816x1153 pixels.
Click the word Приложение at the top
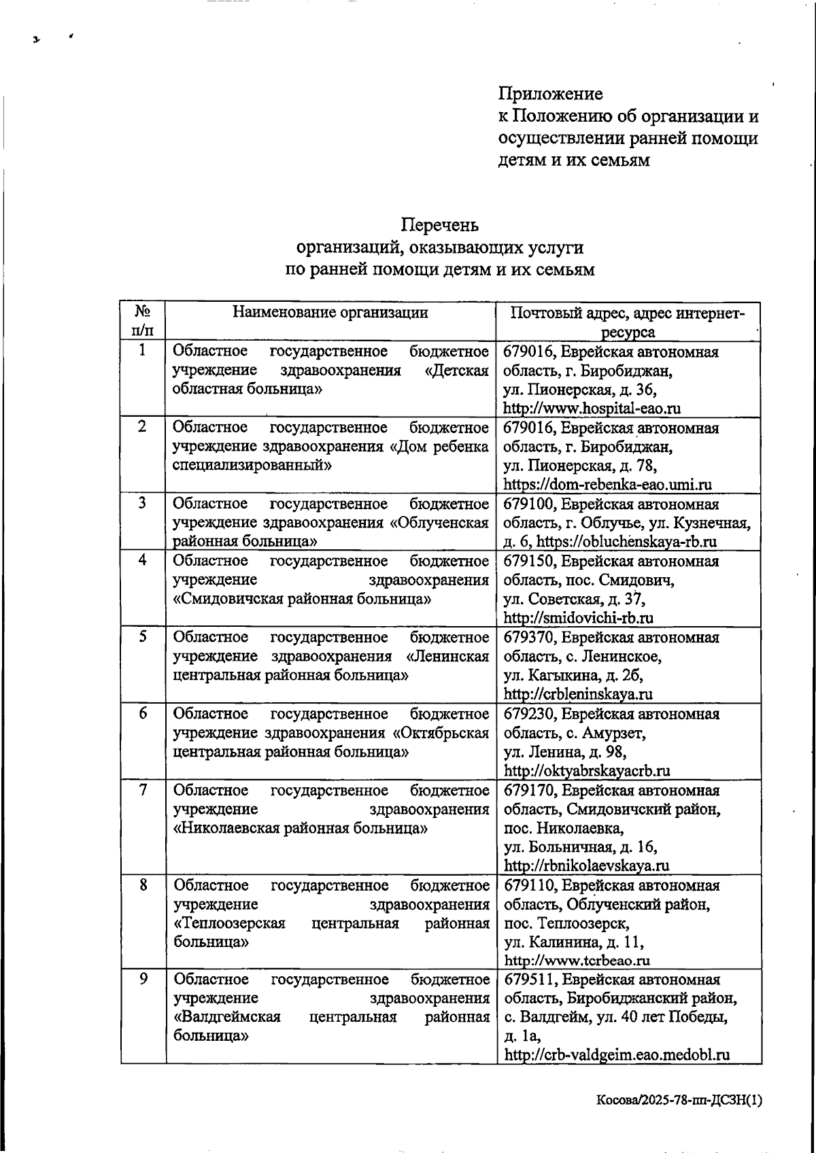point(550,93)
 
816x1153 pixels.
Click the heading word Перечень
point(439,224)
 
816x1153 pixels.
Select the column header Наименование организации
point(330,312)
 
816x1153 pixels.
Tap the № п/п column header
point(143,321)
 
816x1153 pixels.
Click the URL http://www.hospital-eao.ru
point(592,409)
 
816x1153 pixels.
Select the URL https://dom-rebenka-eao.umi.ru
point(607,485)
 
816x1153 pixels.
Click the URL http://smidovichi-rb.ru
point(578,618)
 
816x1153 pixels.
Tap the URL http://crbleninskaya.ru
point(578,694)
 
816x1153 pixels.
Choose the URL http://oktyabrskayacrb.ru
point(587,770)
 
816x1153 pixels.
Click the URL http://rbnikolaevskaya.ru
point(586,865)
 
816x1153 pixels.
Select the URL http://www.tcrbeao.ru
point(577,961)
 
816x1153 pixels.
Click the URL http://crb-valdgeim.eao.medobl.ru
point(617,1055)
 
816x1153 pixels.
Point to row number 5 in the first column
point(143,637)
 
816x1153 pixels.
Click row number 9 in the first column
point(143,979)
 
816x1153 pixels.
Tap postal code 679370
point(529,638)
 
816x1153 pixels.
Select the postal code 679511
point(529,980)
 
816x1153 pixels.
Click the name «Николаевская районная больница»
point(301,829)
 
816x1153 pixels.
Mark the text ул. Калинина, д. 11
point(574,942)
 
